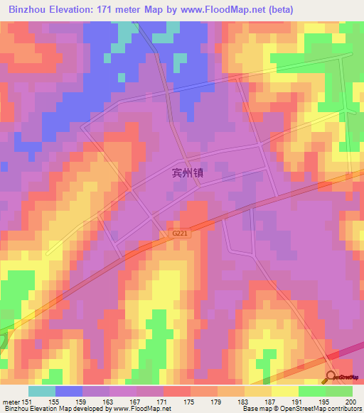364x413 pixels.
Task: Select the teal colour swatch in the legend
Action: click(x=42, y=391)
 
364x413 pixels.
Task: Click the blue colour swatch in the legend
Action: click(x=69, y=391)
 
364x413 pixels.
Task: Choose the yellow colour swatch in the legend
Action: click(x=285, y=391)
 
